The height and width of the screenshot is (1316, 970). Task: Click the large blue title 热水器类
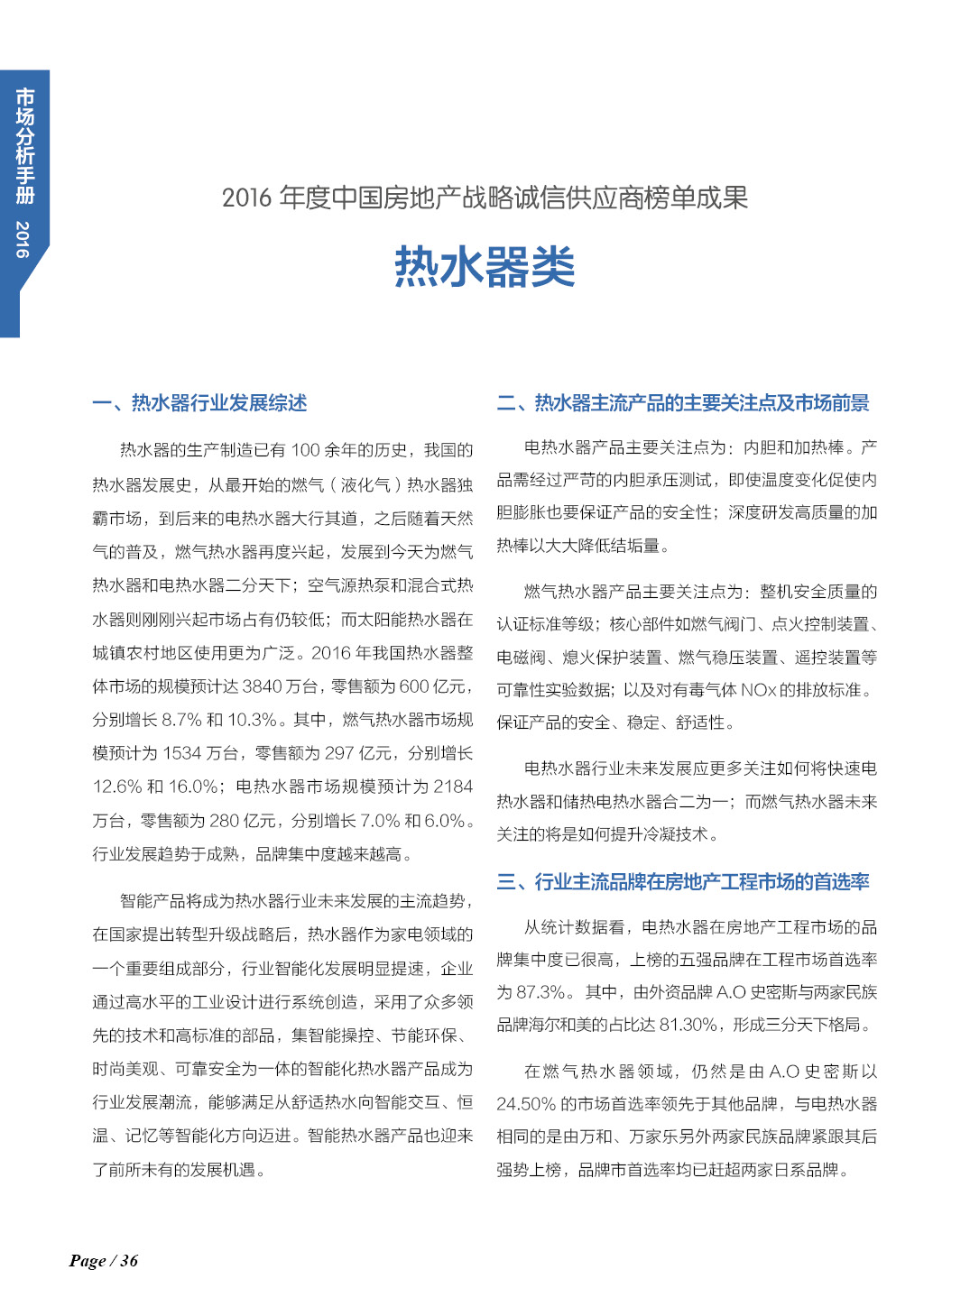485,267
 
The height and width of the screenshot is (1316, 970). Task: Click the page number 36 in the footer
129,1260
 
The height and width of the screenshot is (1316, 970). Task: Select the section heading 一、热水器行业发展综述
199,403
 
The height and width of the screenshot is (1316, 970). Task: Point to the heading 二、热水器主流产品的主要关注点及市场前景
683,403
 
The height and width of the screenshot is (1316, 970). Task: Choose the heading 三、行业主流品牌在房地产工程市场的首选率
683,881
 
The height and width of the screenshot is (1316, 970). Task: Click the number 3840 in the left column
263,686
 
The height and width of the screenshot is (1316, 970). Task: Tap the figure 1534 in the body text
182,753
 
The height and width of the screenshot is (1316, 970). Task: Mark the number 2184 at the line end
453,787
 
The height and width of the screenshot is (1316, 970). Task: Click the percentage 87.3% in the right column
542,992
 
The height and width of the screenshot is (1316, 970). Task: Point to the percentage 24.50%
525,1104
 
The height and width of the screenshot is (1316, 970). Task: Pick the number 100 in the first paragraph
305,450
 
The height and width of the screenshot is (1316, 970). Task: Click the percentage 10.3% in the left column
252,720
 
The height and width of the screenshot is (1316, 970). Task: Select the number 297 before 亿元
339,753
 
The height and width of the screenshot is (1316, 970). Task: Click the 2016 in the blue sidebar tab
23,239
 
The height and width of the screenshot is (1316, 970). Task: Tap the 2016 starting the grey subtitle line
246,198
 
